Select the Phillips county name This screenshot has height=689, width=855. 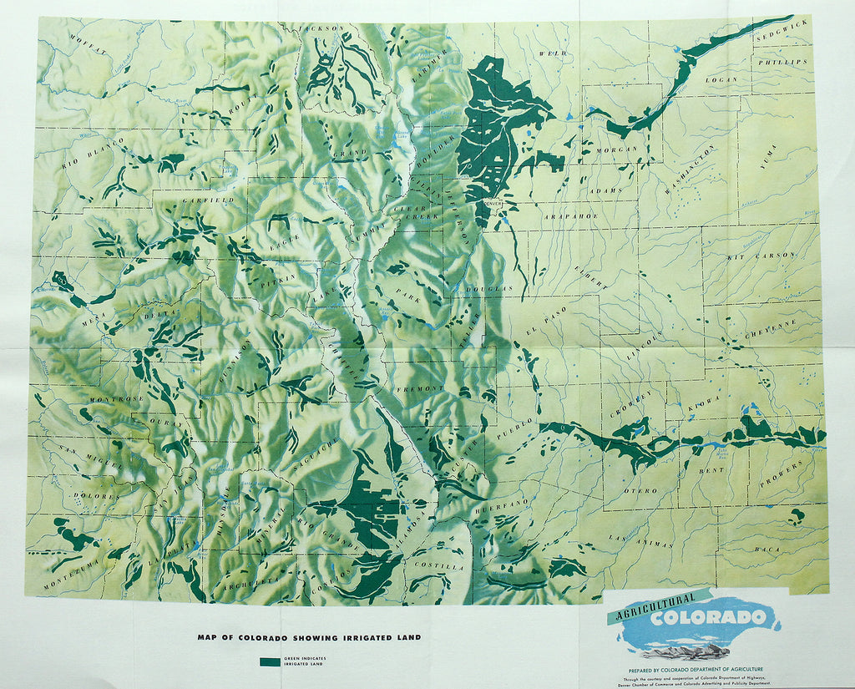point(782,62)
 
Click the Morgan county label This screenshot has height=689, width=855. point(617,149)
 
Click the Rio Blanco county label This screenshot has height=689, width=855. point(87,155)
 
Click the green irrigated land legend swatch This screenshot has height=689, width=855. point(270,661)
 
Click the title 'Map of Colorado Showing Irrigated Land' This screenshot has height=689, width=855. point(309,637)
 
